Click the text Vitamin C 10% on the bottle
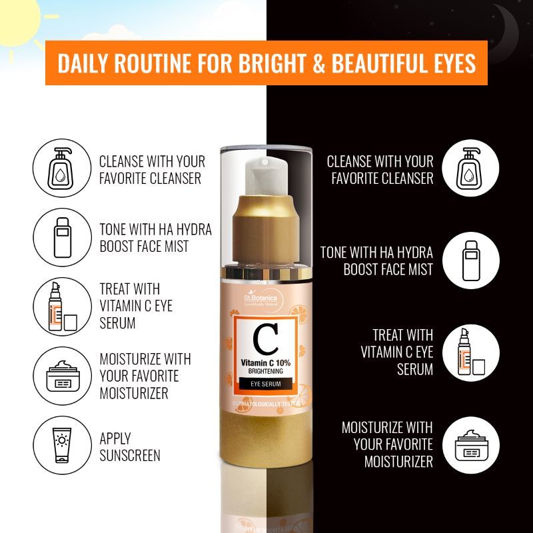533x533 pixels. click(266, 360)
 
